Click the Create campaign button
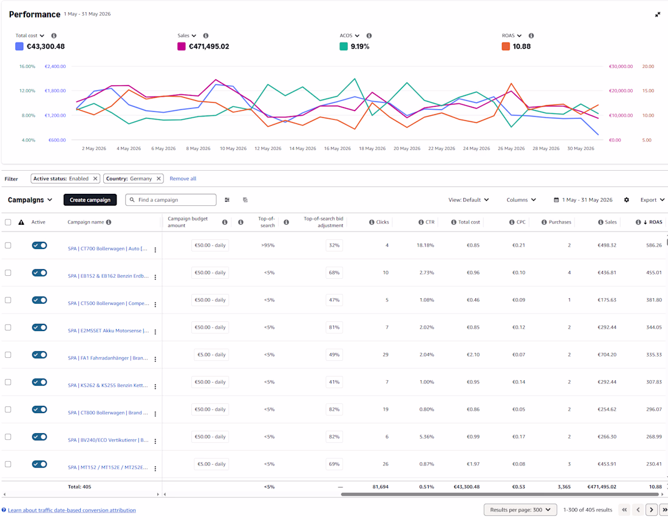(90, 200)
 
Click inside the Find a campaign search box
(171, 200)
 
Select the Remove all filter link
(183, 179)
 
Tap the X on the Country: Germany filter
(158, 179)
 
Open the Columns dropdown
(521, 200)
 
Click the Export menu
(652, 200)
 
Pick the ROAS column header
(655, 222)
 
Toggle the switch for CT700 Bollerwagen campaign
(39, 245)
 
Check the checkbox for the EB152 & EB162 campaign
(8, 273)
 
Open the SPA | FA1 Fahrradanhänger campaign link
(107, 358)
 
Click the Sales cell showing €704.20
(607, 355)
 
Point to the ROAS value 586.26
(654, 245)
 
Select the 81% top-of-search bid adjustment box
(334, 327)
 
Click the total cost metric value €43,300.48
(46, 46)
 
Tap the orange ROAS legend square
(506, 46)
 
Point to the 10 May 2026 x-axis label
(233, 149)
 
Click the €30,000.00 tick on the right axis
(621, 66)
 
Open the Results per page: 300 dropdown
(520, 510)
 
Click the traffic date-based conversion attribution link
(72, 510)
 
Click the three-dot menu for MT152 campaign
(155, 468)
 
